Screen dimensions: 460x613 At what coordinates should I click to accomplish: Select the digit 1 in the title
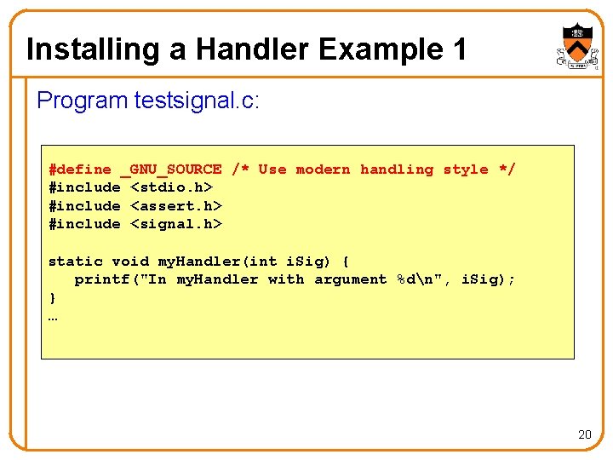click(458, 49)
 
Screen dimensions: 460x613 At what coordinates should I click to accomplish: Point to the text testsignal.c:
click(197, 101)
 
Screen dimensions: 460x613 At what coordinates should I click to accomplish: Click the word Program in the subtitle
click(83, 101)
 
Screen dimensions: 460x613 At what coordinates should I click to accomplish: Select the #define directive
click(80, 170)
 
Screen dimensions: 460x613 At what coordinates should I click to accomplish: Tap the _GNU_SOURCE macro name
click(171, 170)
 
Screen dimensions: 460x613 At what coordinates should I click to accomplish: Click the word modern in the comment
click(323, 170)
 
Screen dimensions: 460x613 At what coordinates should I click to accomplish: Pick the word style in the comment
click(466, 170)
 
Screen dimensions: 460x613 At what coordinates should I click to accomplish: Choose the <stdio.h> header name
click(171, 187)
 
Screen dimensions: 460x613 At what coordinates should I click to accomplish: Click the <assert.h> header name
click(175, 206)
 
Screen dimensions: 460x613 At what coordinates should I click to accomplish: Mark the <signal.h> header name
click(175, 224)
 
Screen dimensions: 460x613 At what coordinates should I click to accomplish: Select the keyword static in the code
click(76, 262)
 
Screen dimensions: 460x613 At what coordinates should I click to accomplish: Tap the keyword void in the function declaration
click(130, 262)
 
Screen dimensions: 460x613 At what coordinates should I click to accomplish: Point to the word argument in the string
click(350, 279)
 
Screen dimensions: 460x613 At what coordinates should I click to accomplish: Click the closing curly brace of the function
click(53, 298)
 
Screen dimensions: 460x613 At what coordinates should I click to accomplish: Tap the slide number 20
click(584, 434)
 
